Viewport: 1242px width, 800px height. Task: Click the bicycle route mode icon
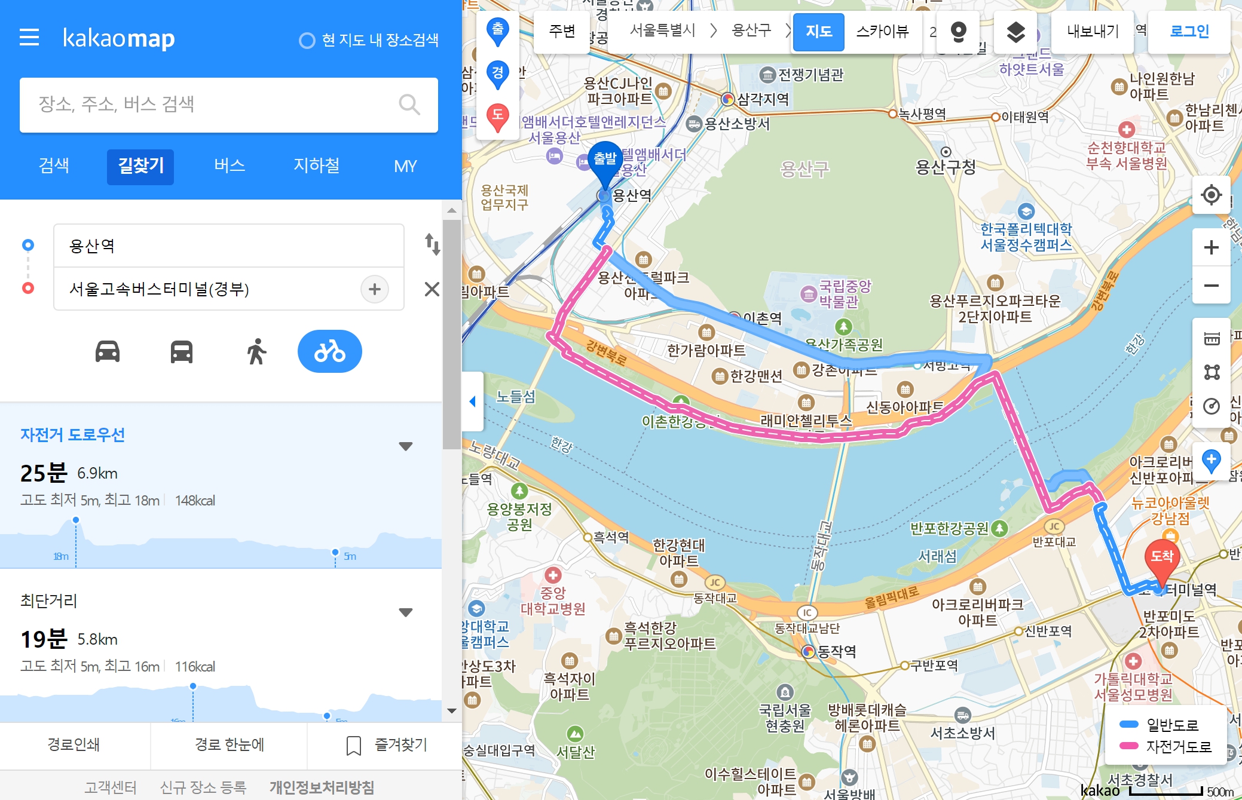coord(329,351)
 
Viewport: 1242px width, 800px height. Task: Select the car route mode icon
coord(108,351)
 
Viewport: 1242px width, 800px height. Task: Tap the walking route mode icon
coord(256,351)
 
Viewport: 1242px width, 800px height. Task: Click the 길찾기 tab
coord(140,166)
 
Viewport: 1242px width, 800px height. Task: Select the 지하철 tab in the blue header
coord(316,166)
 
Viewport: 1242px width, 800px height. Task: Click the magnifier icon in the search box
coord(409,105)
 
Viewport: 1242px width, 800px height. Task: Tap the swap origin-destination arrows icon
coord(432,244)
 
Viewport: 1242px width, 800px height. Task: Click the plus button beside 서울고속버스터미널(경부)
coord(375,289)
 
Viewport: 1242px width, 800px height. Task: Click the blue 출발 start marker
coord(605,160)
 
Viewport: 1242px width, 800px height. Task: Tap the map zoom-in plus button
coord(1211,247)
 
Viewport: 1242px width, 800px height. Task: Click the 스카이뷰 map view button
coord(882,32)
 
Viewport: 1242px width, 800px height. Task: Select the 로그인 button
coord(1189,32)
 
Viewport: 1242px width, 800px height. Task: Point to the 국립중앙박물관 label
coord(844,294)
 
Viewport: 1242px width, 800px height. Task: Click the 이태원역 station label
coord(1024,117)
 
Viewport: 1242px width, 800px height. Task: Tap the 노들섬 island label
coord(516,397)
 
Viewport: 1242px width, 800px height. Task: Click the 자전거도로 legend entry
coord(1178,746)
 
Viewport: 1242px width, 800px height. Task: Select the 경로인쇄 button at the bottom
coord(74,745)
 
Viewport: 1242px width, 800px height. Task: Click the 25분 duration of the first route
coord(44,473)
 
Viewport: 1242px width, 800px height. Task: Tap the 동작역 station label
coord(836,651)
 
